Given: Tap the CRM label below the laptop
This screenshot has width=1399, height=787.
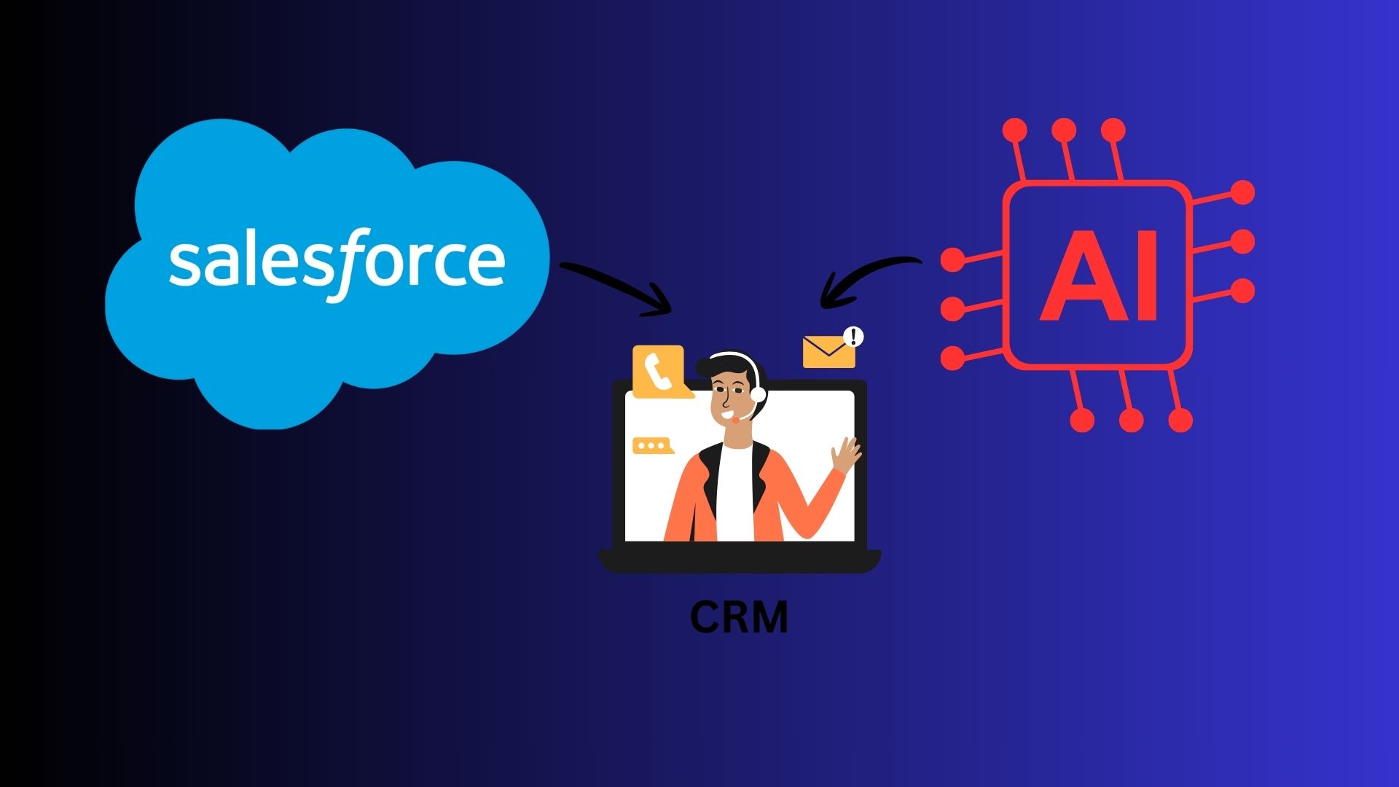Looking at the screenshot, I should tap(739, 617).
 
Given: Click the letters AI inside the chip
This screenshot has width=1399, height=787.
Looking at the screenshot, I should tap(1099, 276).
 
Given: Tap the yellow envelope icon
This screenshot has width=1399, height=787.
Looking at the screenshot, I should tap(828, 352).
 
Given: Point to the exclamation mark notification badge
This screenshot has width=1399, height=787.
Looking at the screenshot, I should tap(853, 337).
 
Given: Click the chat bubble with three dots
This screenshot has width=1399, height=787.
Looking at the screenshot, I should tap(651, 445).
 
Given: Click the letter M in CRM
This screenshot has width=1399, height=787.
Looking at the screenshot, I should tap(770, 617).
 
